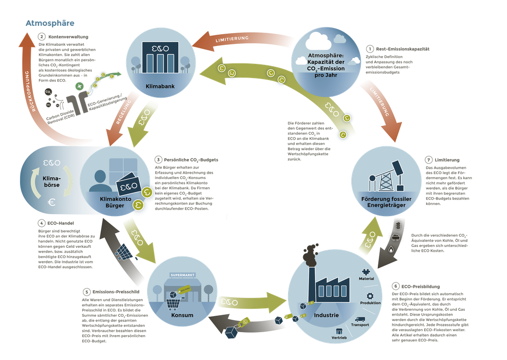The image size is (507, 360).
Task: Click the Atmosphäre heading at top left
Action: pyautogui.click(x=50, y=23)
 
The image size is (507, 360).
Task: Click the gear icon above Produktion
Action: pyautogui.click(x=370, y=295)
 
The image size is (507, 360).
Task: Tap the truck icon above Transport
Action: pyautogui.click(x=360, y=319)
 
